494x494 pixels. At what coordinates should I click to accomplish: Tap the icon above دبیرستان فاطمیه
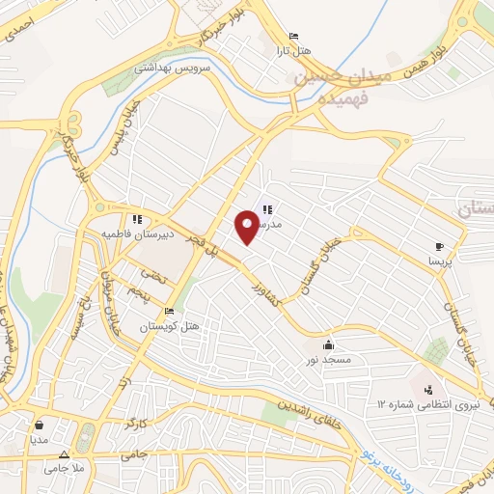click(x=138, y=219)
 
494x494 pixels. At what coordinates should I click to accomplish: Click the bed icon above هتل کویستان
click(x=170, y=312)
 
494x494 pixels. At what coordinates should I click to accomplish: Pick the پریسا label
click(x=440, y=261)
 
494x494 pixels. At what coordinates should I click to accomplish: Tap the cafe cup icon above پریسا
click(x=440, y=247)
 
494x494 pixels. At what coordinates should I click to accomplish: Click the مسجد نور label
click(x=329, y=360)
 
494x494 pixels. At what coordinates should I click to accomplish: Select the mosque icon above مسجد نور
click(x=329, y=344)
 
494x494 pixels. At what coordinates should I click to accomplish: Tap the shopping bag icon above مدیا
click(x=39, y=424)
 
